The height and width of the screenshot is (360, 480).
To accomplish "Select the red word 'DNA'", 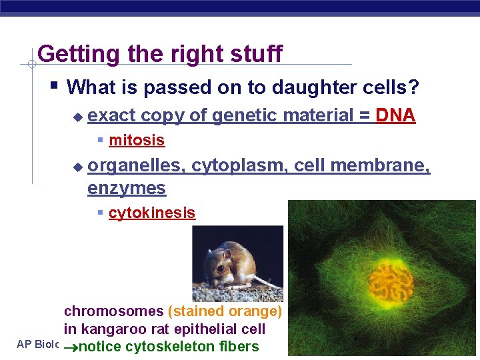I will pyautogui.click(x=395, y=115).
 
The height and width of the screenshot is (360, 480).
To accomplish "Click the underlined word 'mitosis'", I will pyautogui.click(x=137, y=140).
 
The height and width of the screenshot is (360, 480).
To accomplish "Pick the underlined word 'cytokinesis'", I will pyautogui.click(x=152, y=213).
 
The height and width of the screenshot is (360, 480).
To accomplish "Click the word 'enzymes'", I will pyautogui.click(x=126, y=189).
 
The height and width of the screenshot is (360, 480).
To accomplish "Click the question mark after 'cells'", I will pyautogui.click(x=413, y=87).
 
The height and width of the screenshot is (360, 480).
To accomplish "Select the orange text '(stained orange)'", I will pyautogui.click(x=225, y=311).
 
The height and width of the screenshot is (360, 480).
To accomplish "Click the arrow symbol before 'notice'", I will pyautogui.click(x=72, y=347).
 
